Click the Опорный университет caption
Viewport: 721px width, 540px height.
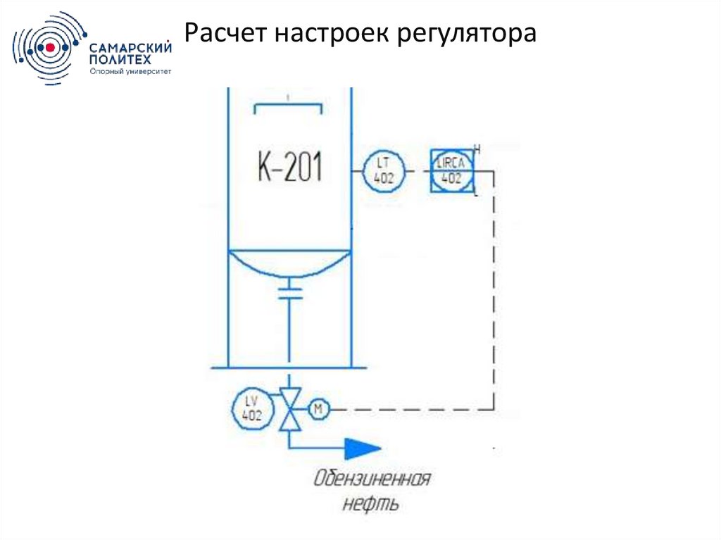click(x=131, y=71)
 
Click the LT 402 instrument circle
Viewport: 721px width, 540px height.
click(x=384, y=170)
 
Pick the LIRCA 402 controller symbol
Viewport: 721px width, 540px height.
click(x=451, y=171)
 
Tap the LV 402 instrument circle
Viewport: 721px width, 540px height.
click(x=251, y=408)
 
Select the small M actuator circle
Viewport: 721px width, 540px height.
click(x=318, y=408)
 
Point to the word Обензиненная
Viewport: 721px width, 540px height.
click(x=372, y=480)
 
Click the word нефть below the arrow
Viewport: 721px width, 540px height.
click(x=372, y=504)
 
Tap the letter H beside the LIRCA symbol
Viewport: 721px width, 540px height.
click(x=477, y=149)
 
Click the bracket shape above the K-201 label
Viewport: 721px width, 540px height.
click(x=289, y=107)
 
